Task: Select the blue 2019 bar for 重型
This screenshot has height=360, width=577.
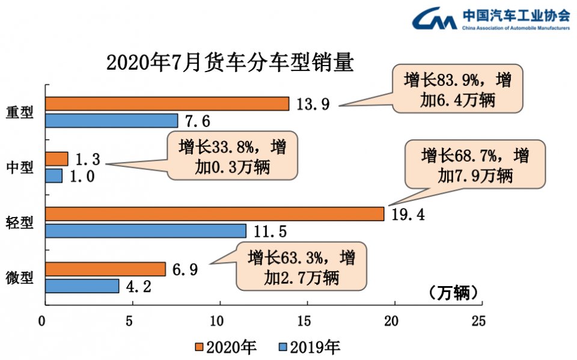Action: click(x=111, y=121)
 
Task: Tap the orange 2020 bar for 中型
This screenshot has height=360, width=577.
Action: click(x=56, y=159)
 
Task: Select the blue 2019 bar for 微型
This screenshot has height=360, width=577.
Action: click(x=82, y=286)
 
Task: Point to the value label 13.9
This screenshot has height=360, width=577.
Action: click(x=313, y=105)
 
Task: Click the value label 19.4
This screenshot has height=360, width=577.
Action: click(x=408, y=214)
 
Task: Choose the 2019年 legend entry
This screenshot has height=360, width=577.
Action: click(x=309, y=347)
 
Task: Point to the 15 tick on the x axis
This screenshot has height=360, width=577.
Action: click(x=307, y=322)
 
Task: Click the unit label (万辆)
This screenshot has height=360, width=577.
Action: click(x=455, y=293)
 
